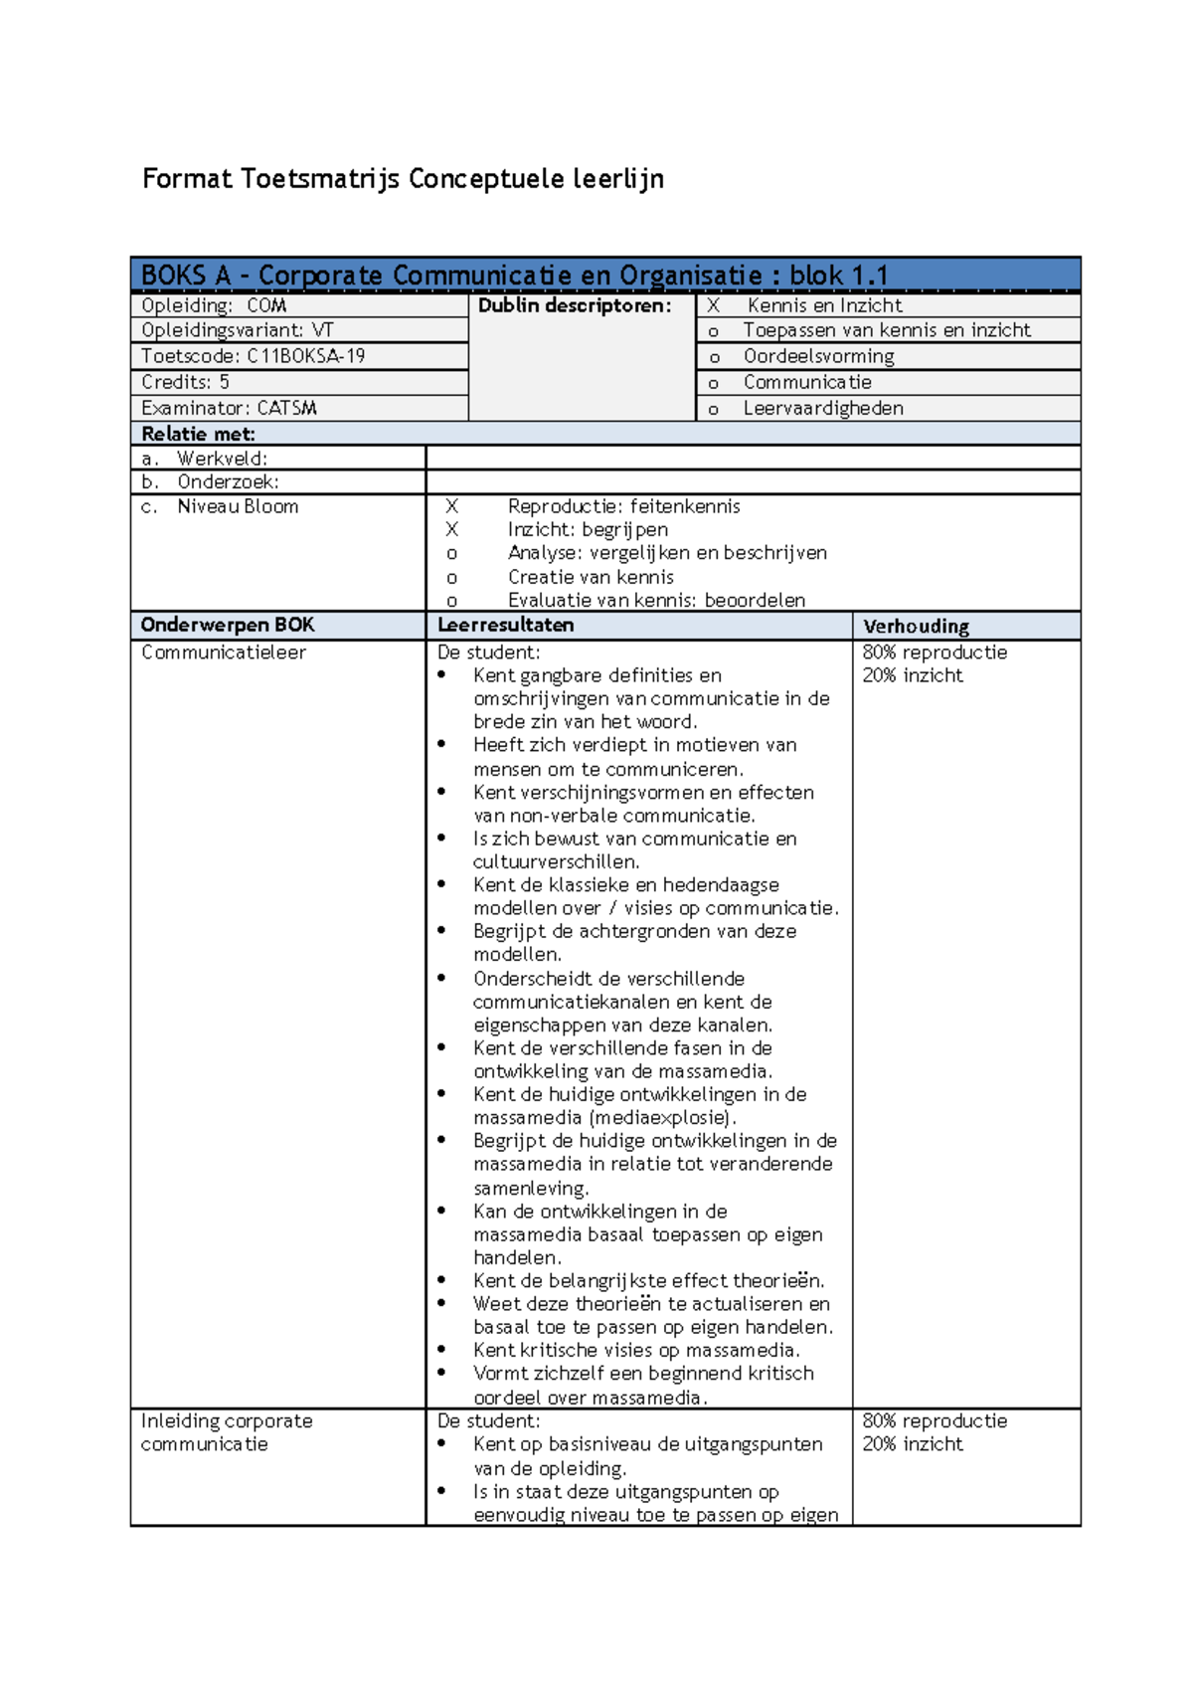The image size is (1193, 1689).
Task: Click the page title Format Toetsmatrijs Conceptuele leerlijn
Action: [x=403, y=179]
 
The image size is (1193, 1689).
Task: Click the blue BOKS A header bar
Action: [x=604, y=275]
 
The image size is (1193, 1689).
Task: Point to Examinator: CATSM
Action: [x=229, y=408]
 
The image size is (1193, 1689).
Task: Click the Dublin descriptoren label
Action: [x=575, y=305]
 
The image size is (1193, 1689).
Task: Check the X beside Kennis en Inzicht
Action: [x=713, y=305]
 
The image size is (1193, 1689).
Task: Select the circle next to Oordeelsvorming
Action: [x=713, y=357]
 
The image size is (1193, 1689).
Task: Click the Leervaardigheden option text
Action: [x=823, y=408]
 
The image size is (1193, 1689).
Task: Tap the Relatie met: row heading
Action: [x=199, y=434]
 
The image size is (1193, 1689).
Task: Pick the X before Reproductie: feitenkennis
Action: [x=452, y=506]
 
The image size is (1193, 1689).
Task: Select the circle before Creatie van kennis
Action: [x=452, y=578]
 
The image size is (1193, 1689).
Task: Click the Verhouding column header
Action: [x=916, y=626]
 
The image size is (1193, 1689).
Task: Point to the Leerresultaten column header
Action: [x=506, y=625]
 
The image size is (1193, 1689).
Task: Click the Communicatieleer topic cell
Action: [x=224, y=653]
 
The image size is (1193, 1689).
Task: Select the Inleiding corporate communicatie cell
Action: [x=226, y=1432]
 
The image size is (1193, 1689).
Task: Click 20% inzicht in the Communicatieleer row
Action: [x=913, y=675]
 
